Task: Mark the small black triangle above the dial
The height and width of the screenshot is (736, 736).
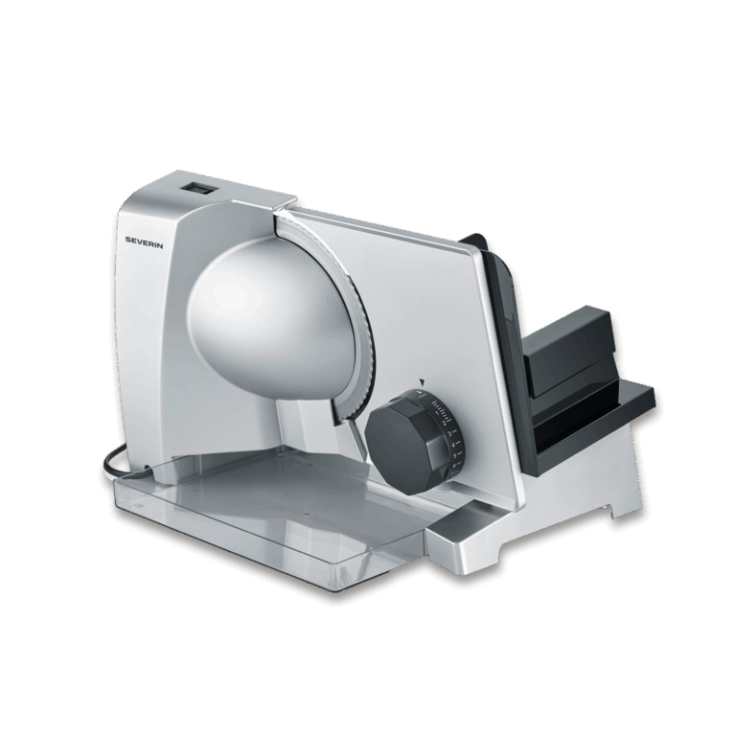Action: (x=418, y=380)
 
